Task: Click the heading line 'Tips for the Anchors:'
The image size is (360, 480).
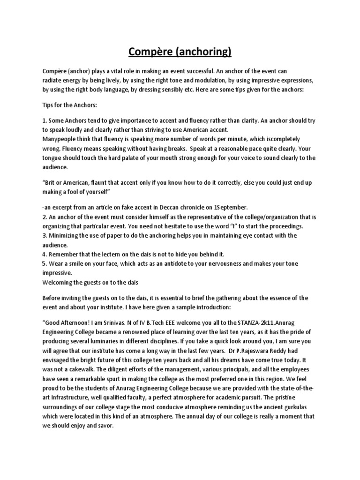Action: point(69,105)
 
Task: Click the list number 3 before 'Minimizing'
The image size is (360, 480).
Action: point(44,235)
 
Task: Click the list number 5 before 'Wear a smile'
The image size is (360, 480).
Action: point(44,263)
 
